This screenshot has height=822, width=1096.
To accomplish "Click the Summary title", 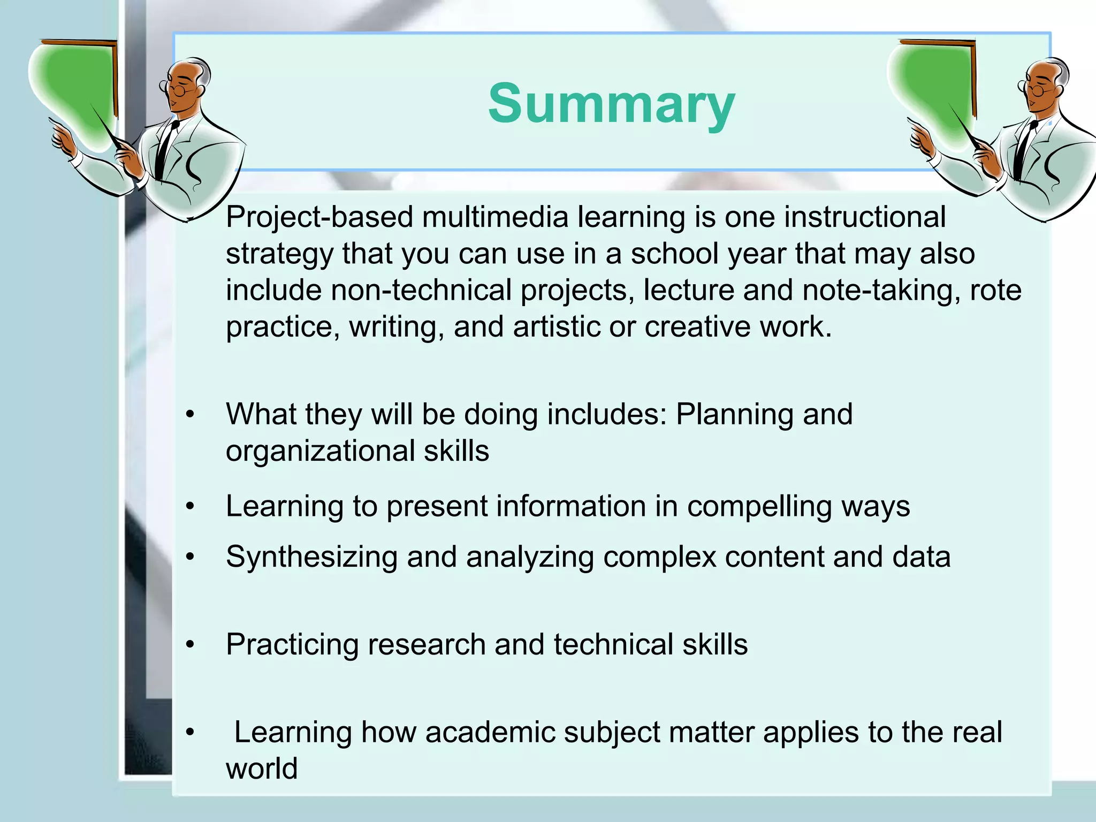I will click(x=611, y=104).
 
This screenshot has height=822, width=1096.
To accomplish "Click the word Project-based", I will click(x=319, y=218).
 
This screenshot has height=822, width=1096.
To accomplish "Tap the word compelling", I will click(x=759, y=507).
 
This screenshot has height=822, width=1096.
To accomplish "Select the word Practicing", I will click(x=292, y=645).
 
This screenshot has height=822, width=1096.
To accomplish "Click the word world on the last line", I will click(x=261, y=769).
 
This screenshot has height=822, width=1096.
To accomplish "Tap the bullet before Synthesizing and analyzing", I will click(x=190, y=558).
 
